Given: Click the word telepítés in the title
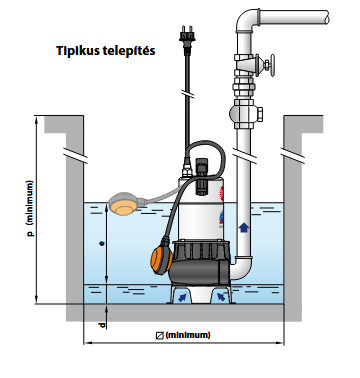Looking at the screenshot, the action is click(x=127, y=51).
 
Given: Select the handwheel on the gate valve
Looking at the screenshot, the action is click(x=269, y=64).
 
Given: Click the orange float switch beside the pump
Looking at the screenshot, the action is click(x=161, y=257).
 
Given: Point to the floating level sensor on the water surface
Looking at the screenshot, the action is click(x=124, y=203).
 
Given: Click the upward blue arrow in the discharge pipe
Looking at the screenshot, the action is click(x=244, y=227).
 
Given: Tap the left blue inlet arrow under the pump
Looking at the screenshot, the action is click(x=182, y=297).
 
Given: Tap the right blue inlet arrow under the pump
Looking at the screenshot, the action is click(x=221, y=296).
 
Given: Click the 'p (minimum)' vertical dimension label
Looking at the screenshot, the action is click(x=30, y=208).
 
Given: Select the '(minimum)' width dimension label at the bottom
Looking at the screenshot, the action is click(x=188, y=335).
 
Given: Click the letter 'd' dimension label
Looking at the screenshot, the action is click(x=102, y=324).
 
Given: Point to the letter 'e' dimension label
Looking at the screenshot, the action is click(x=103, y=243).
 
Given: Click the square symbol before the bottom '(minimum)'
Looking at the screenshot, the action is click(x=160, y=335).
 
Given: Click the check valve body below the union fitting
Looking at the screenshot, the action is click(x=246, y=114).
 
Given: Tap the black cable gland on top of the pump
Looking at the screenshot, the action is click(x=201, y=176).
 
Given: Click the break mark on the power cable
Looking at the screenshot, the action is click(x=188, y=94).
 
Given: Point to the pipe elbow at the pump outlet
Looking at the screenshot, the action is click(x=241, y=268).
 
